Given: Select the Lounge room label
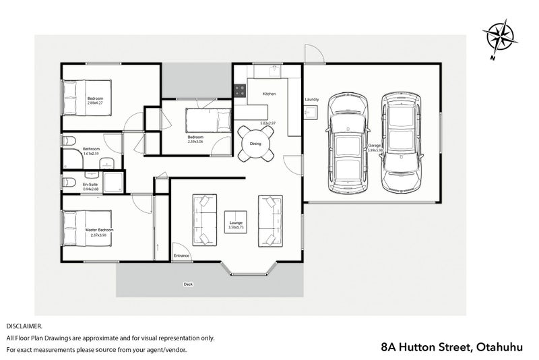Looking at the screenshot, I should [236, 224].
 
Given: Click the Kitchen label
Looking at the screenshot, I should [269, 94].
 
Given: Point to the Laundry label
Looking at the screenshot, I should [311, 100].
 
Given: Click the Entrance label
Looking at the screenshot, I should [182, 256].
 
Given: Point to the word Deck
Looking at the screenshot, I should [188, 284].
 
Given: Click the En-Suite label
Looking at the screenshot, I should [90, 185].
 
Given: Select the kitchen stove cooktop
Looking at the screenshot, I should [239, 88].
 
